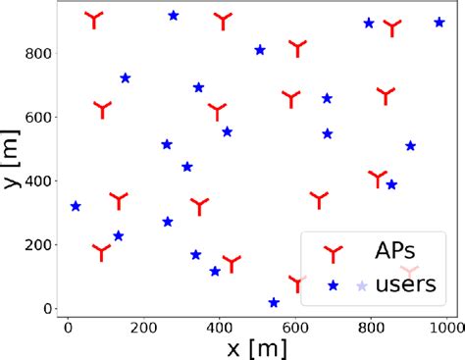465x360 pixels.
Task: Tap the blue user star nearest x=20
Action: [x=76, y=206]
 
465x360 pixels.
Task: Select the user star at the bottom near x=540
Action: [x=274, y=303]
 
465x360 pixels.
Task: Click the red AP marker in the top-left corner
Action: [x=93, y=19]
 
